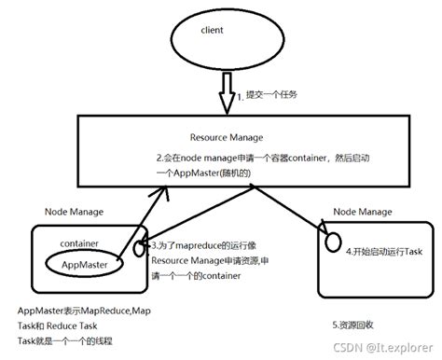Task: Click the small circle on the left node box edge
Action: (141, 250)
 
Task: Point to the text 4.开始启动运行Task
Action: (383, 250)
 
